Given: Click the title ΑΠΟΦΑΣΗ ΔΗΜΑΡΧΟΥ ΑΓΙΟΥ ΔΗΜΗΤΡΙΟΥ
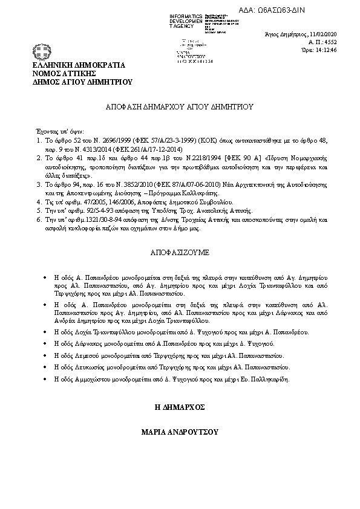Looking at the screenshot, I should pos(179,106).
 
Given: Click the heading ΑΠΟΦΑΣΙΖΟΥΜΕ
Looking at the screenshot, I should pos(179,250).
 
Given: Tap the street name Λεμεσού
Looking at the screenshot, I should pos(87,355).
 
